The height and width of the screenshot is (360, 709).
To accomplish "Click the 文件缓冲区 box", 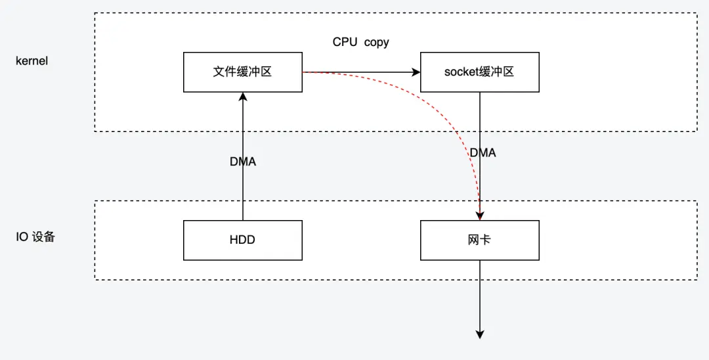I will click(242, 72).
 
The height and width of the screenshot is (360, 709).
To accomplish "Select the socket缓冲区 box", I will click(479, 72).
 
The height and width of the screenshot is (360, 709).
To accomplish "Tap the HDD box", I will click(242, 240).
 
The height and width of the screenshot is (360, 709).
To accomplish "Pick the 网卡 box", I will click(479, 240).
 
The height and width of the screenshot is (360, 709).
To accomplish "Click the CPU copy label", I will click(360, 42).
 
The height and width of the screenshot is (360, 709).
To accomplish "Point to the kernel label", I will click(32, 61).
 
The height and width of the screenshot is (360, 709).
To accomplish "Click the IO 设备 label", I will click(35, 237).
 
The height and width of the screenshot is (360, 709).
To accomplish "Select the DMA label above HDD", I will click(242, 162).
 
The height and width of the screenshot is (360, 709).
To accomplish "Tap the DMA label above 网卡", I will click(483, 152).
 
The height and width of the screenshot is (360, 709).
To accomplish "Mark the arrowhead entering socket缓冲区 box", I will click(416, 72).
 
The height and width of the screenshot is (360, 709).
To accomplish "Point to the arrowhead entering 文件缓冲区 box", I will click(243, 97).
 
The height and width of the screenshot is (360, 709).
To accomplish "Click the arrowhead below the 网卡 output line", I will click(480, 334).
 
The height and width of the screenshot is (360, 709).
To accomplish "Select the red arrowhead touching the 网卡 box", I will click(481, 215).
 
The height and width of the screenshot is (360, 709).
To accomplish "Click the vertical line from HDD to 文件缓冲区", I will click(243, 191).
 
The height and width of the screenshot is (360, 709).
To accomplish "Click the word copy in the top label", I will click(377, 42).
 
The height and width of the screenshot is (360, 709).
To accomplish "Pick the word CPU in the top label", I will click(345, 42).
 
